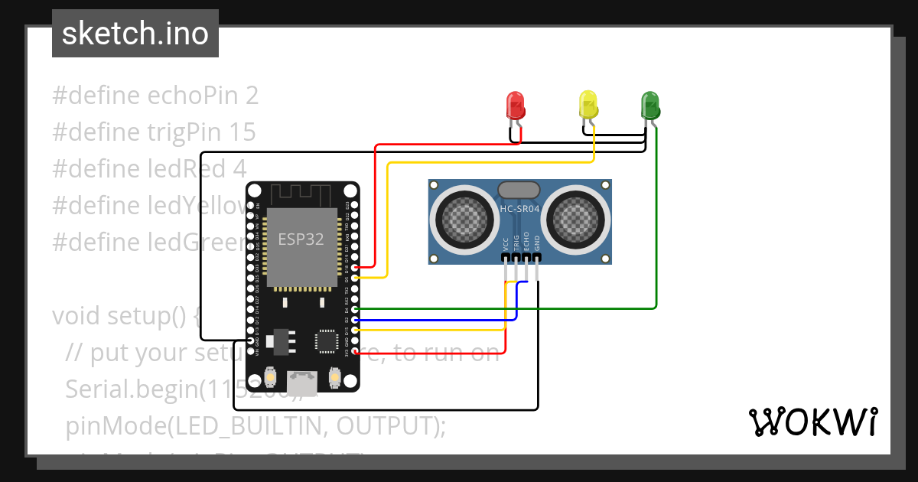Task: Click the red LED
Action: coord(516,105)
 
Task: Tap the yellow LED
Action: coord(588,104)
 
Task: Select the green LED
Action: coord(650,104)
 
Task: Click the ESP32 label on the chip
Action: coord(301,239)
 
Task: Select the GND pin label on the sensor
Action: coord(537,243)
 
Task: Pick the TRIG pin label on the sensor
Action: coord(516,243)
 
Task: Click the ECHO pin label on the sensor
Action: coord(526,243)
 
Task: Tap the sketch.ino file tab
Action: coord(135,34)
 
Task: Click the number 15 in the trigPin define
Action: coord(242,132)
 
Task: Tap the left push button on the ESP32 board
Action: coord(269,377)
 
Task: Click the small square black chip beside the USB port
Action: coord(327,340)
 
